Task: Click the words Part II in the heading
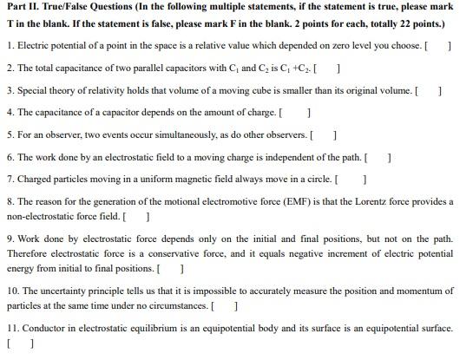pyautogui.click(x=21, y=8)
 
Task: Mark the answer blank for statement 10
pyautogui.click(x=224, y=306)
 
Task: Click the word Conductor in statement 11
pyautogui.click(x=43, y=329)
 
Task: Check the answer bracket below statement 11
pyautogui.click(x=19, y=344)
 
